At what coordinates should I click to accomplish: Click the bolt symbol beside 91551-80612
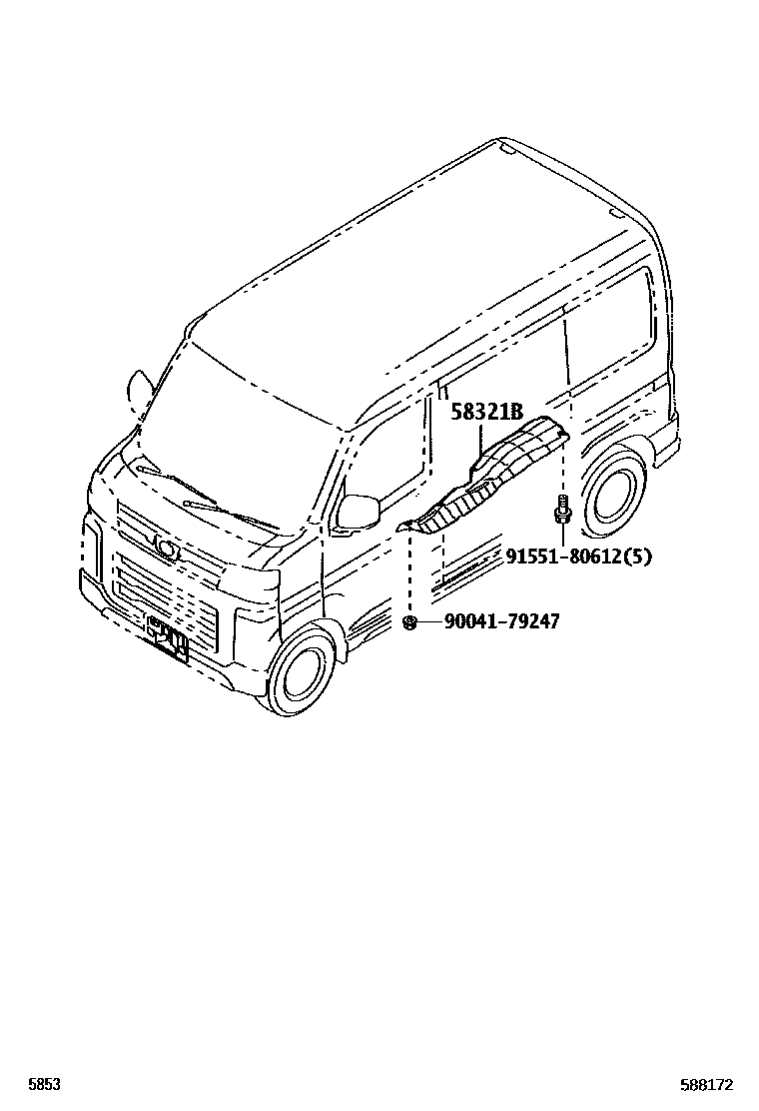(561, 509)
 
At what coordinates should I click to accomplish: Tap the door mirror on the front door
(359, 511)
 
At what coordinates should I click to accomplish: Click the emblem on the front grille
(166, 546)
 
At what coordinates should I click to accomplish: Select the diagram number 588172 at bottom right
(706, 1083)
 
